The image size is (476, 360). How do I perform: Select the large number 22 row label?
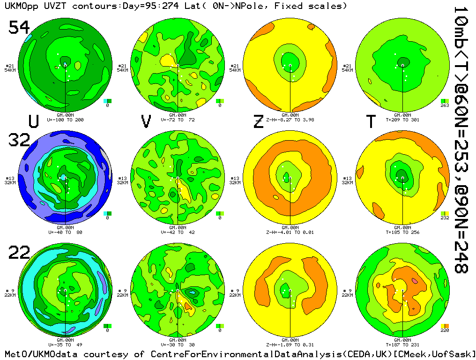point(20,253)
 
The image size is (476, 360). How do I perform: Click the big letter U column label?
point(33,121)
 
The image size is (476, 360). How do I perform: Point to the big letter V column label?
point(146,121)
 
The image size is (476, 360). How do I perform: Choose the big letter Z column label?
point(258,121)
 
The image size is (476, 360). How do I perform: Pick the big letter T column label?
point(371,121)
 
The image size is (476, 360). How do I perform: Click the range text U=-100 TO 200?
point(65,120)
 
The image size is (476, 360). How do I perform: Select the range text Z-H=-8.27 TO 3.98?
point(290,120)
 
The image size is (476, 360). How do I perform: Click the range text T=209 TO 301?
point(402,120)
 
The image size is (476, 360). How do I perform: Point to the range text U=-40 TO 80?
point(65,232)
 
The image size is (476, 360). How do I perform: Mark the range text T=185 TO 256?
point(402,232)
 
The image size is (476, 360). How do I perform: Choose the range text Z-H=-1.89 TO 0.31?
point(290,344)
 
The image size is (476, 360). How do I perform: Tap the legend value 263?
point(445,105)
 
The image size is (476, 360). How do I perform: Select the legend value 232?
point(445,218)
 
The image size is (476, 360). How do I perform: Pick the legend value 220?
point(445,330)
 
